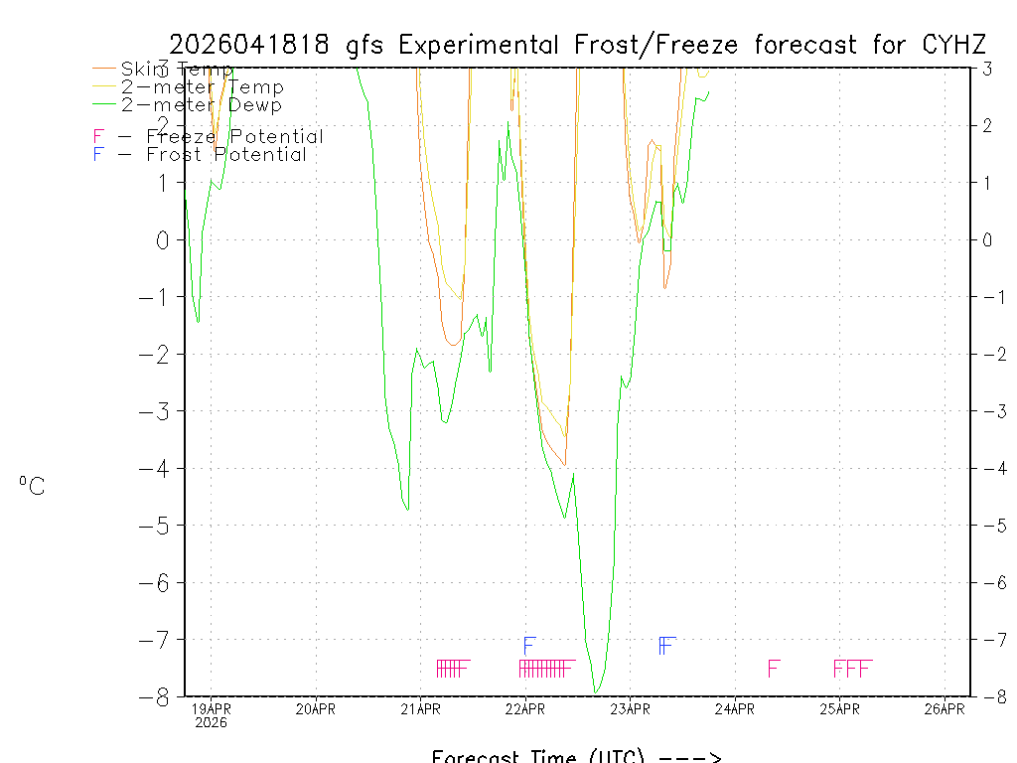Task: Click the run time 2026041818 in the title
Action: [252, 45]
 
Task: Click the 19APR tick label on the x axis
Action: [211, 708]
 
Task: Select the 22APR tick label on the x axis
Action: [525, 708]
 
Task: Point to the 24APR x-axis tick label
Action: [735, 708]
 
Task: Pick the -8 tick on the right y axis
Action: [987, 696]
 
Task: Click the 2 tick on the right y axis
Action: [987, 125]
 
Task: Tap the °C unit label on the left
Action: [32, 487]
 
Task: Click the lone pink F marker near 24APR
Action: [774, 668]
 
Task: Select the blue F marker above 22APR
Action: [529, 645]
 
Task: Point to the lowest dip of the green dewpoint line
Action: [596, 692]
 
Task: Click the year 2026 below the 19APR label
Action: [211, 723]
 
